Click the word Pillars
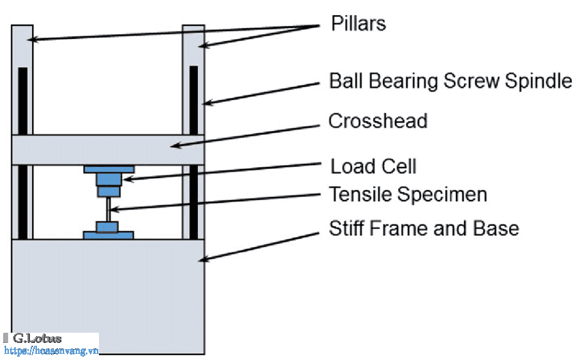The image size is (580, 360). click(x=358, y=23)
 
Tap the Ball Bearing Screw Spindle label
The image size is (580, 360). click(x=450, y=81)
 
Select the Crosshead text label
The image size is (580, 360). click(x=377, y=121)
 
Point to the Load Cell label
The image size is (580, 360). click(x=373, y=166)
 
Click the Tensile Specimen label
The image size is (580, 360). click(x=408, y=194)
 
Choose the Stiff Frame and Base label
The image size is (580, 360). click(x=424, y=228)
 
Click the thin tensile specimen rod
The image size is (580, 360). click(x=108, y=209)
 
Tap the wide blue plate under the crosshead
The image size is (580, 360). click(x=108, y=169)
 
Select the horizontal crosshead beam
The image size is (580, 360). click(x=108, y=150)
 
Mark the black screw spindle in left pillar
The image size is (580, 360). click(x=23, y=153)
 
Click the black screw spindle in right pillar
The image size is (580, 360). click(x=194, y=152)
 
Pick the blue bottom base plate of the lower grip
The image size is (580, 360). click(x=108, y=235)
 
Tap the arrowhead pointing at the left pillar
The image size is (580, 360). click(x=32, y=39)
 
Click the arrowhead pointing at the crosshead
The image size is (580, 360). click(x=175, y=145)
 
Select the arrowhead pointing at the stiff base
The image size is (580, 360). click(x=203, y=260)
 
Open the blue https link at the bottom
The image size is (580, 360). click(x=51, y=350)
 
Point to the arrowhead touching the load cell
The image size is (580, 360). click(x=128, y=179)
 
